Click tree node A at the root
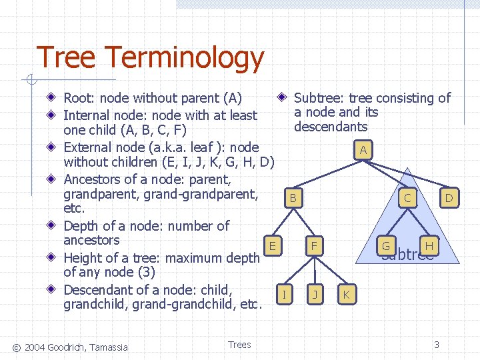pyautogui.click(x=363, y=150)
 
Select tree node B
pyautogui.click(x=292, y=198)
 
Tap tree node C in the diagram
pyautogui.click(x=407, y=197)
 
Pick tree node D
pyautogui.click(x=449, y=197)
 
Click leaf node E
pyautogui.click(x=272, y=245)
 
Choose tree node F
pyautogui.click(x=313, y=246)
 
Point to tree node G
pyautogui.click(x=385, y=246)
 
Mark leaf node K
pyautogui.click(x=345, y=294)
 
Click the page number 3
pyautogui.click(x=437, y=345)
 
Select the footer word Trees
pyautogui.click(x=239, y=345)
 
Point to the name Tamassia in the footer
pyautogui.click(x=107, y=346)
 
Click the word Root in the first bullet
pyautogui.click(x=78, y=99)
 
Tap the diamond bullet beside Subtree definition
pyautogui.click(x=283, y=97)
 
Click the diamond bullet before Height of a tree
pyautogui.click(x=51, y=257)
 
